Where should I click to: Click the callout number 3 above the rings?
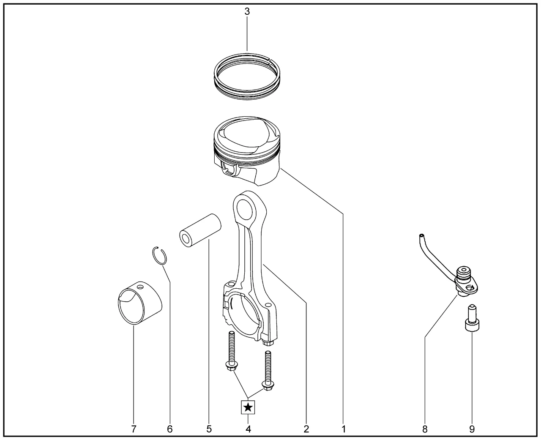click(247, 11)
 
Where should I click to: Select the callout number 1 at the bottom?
click(343, 429)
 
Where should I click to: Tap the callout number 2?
click(306, 429)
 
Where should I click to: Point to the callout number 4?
click(248, 429)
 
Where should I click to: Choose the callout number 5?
click(209, 429)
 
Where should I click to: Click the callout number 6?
click(169, 429)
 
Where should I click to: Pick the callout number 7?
click(134, 429)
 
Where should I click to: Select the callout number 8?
click(425, 429)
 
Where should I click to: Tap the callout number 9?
click(472, 429)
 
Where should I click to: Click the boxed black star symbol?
click(248, 407)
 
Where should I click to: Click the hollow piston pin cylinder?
click(200, 231)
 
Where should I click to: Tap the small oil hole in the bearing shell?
click(140, 287)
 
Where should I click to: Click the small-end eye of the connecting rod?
click(246, 209)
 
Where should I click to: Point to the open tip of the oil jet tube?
click(421, 235)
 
